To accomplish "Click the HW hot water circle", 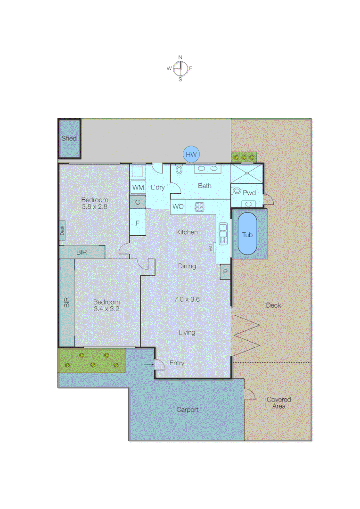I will pyautogui.click(x=191, y=154).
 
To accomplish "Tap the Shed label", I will pyautogui.click(x=69, y=139).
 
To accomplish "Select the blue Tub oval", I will pyautogui.click(x=247, y=234).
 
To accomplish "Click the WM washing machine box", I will pyautogui.click(x=138, y=188).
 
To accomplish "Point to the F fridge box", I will pyautogui.click(x=138, y=223).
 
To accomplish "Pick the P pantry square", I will pyautogui.click(x=225, y=272).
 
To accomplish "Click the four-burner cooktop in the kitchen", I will pyautogui.click(x=200, y=206).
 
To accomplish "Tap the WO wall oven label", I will pyautogui.click(x=178, y=207).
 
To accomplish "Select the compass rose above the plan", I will pyautogui.click(x=180, y=69).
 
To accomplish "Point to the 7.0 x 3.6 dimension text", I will pyautogui.click(x=187, y=299).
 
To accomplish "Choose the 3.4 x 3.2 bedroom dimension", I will pyautogui.click(x=106, y=309).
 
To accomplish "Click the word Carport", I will pyautogui.click(x=187, y=410).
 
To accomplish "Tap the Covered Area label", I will pyautogui.click(x=278, y=402).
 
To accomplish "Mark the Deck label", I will pyautogui.click(x=273, y=305).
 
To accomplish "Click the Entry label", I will pyautogui.click(x=177, y=363).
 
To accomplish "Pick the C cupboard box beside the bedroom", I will pyautogui.click(x=138, y=202).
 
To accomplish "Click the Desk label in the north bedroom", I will pyautogui.click(x=62, y=230).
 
